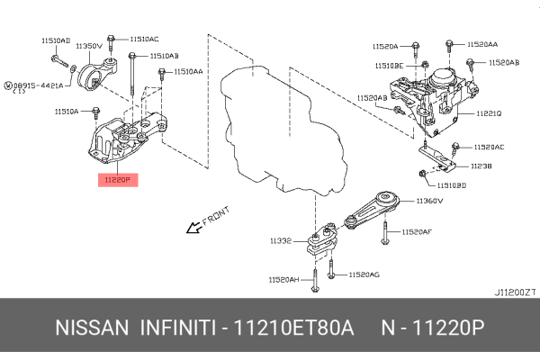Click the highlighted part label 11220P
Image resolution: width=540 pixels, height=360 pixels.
(118, 180)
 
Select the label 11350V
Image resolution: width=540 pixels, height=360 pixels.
(86, 45)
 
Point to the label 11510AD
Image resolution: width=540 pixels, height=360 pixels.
(55, 40)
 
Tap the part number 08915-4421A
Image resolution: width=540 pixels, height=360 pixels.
(37, 85)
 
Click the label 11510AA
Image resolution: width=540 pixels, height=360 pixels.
(188, 70)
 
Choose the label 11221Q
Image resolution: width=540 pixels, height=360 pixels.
(490, 114)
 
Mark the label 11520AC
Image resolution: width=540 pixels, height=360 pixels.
(490, 146)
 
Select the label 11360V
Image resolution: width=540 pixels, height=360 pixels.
(432, 202)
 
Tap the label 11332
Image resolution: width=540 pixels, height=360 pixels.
(279, 241)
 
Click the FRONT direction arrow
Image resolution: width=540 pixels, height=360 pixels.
(193, 229)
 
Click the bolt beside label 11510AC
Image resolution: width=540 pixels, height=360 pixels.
(111, 40)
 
